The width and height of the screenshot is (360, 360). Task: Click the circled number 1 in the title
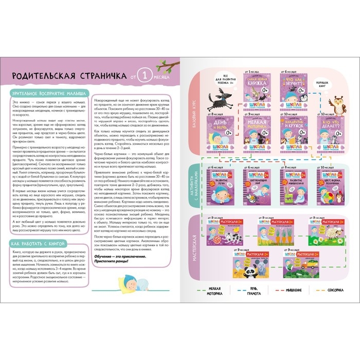pyautogui.click(x=146, y=77)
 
